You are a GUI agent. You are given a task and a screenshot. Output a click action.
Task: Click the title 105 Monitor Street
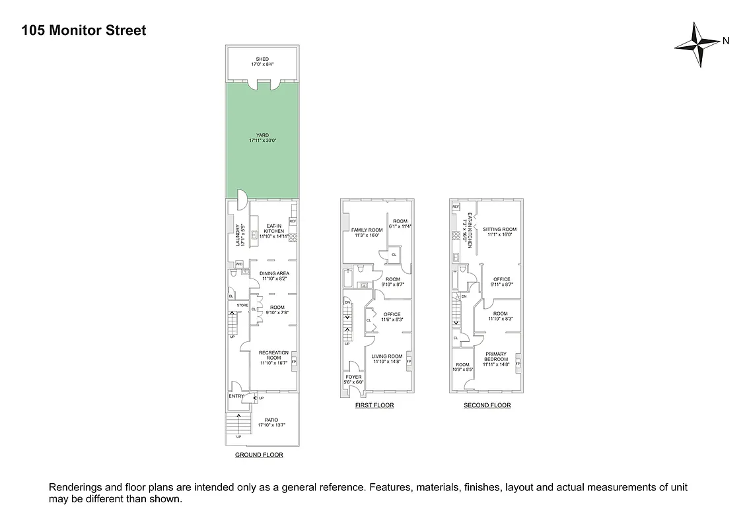pos(84,30)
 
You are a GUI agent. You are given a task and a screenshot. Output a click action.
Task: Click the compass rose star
pos(697,44)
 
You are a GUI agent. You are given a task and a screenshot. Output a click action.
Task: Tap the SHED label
pos(262,59)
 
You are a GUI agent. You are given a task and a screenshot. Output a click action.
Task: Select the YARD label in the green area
pos(262,136)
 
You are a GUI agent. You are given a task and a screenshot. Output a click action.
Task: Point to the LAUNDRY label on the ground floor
pos(236,235)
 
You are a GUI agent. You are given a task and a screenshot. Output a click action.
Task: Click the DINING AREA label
pos(275,273)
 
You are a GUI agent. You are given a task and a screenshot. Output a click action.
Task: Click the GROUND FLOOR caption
pos(259,455)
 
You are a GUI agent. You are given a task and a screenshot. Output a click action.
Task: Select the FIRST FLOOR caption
pos(374,405)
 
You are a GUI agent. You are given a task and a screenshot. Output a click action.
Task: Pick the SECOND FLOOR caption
pos(487,405)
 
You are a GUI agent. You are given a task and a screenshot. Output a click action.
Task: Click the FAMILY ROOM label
pos(367,230)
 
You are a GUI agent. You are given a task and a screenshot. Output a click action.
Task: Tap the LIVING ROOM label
pos(386,356)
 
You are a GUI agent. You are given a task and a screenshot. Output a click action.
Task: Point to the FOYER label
pos(354,377)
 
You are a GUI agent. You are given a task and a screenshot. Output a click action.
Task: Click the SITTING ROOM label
pos(501,230)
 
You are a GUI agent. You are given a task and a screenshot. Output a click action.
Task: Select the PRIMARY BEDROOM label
pos(495,356)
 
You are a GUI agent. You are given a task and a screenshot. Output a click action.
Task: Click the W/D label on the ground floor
pos(239,264)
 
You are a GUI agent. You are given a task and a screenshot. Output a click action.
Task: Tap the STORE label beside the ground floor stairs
pos(242,306)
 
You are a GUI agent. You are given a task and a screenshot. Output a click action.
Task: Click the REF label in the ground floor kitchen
pos(293,221)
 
